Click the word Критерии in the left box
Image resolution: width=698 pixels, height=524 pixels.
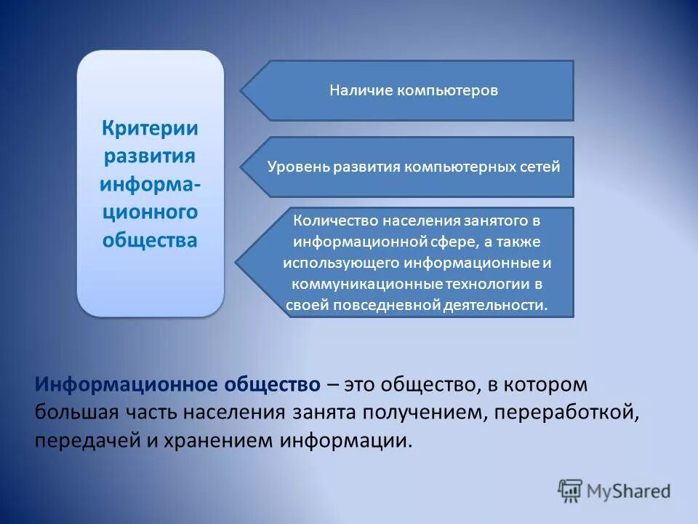click(x=150, y=128)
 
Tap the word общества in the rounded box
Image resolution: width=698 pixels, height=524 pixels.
click(x=150, y=240)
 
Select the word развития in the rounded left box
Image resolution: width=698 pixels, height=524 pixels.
click(x=150, y=156)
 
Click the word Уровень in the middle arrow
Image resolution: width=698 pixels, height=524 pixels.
click(x=298, y=167)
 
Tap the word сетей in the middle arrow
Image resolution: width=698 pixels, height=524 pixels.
click(x=539, y=167)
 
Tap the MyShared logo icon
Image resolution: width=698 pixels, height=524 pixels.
click(x=570, y=490)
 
